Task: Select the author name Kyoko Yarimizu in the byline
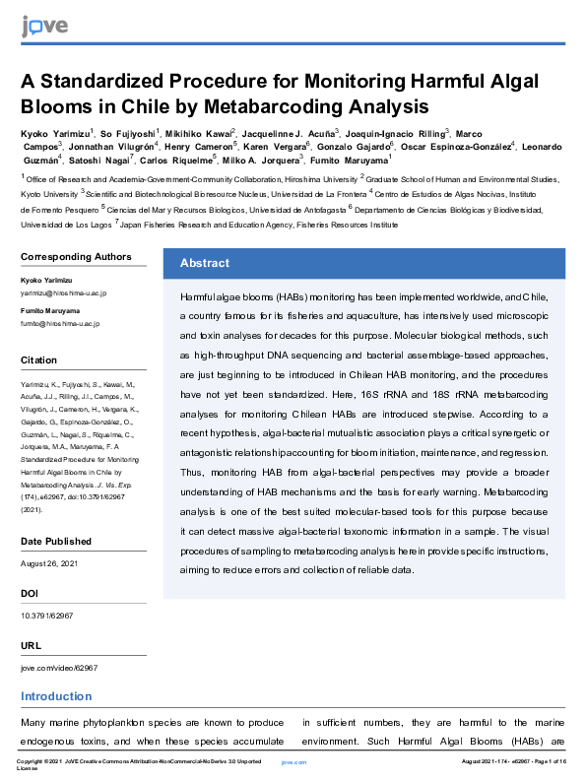pos(55,132)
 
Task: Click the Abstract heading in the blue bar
pos(205,263)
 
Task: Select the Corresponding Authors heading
pos(76,257)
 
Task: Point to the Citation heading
pos(39,360)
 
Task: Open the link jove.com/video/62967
pos(59,668)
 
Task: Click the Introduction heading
pos(56,697)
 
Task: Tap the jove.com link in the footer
pos(294,762)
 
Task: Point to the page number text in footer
pos(515,762)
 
